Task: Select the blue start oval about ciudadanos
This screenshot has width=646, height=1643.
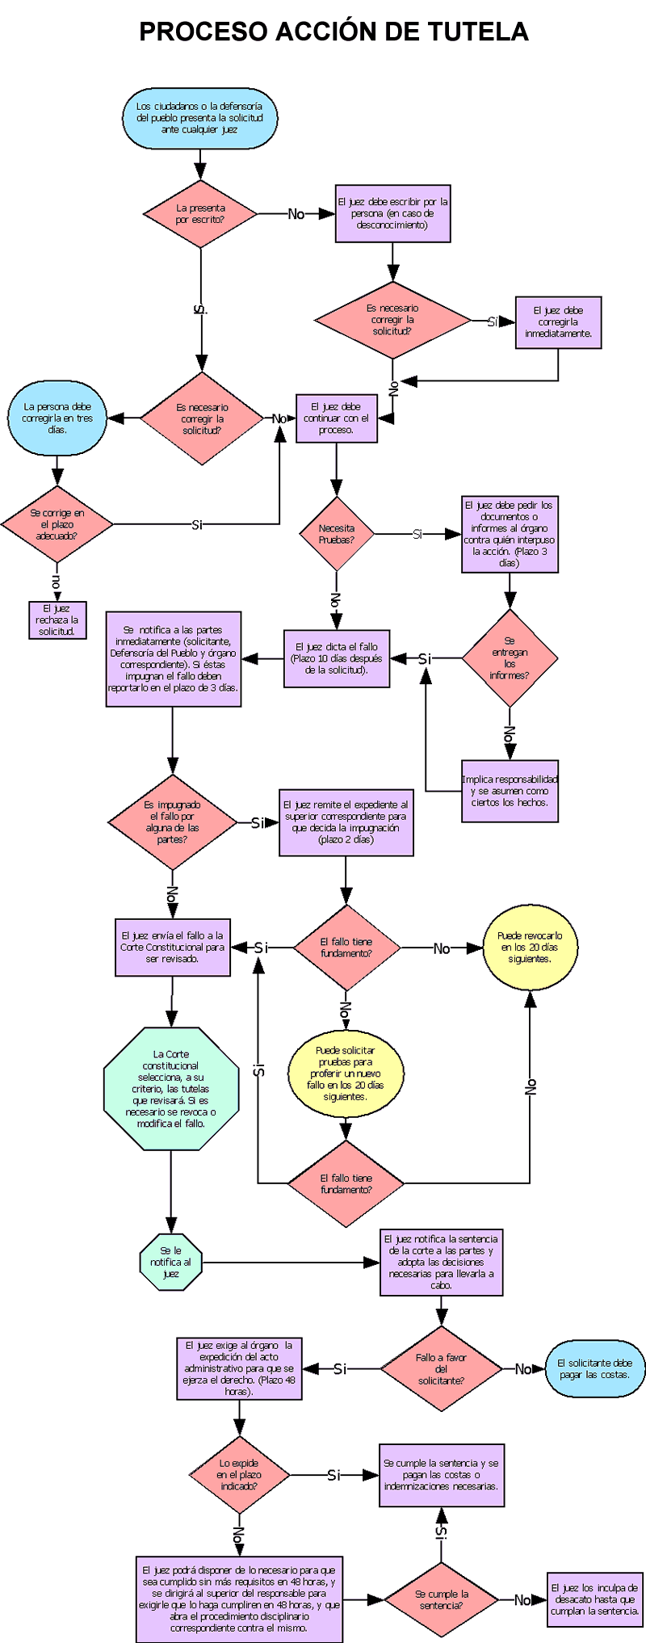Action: click(199, 118)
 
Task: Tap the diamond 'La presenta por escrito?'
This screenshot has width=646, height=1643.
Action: click(200, 214)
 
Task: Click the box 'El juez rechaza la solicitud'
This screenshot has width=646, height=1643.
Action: click(57, 620)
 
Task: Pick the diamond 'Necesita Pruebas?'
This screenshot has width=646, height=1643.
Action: click(336, 534)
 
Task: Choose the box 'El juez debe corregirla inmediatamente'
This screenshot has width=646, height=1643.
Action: click(558, 322)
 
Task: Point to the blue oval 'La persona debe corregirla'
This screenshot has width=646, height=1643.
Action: click(57, 418)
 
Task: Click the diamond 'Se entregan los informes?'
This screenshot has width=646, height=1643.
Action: click(510, 658)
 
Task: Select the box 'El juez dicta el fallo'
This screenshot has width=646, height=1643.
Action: click(337, 658)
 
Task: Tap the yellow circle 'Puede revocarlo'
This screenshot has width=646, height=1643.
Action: click(530, 948)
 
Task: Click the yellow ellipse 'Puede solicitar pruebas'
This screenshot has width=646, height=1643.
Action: click(346, 1074)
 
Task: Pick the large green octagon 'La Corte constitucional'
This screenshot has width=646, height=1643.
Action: click(171, 1088)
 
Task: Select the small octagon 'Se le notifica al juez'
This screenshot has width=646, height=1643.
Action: click(170, 1262)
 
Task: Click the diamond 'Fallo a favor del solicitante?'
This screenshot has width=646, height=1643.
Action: click(441, 1368)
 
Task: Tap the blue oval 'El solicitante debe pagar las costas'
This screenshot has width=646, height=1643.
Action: click(595, 1368)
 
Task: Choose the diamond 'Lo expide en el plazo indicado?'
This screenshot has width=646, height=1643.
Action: click(239, 1474)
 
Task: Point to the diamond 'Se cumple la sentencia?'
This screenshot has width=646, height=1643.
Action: click(441, 1599)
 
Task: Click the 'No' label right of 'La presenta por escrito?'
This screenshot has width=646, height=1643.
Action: click(296, 214)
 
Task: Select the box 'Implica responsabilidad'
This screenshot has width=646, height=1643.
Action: click(510, 791)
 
